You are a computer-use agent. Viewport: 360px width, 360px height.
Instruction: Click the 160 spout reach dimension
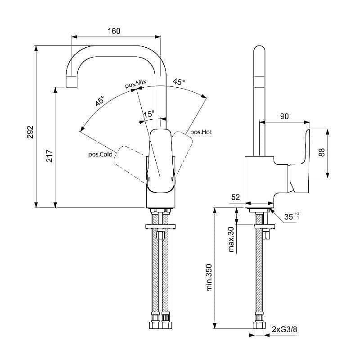[114, 31]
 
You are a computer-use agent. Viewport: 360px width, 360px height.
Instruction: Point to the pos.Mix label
[135, 84]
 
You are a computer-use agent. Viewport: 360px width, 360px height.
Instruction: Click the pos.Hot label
[201, 132]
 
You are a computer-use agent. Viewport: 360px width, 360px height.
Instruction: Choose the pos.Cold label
[100, 154]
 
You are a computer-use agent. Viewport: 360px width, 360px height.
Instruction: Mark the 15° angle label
[148, 114]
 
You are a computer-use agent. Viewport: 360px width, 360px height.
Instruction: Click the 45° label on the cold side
[99, 100]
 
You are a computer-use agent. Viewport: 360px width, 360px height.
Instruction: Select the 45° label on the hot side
[179, 82]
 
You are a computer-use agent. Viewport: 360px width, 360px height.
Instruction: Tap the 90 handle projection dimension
[284, 116]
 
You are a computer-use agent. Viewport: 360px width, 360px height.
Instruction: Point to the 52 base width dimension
[235, 198]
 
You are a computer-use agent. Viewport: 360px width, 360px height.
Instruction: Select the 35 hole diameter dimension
[290, 217]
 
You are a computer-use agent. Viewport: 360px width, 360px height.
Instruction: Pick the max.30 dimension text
[231, 238]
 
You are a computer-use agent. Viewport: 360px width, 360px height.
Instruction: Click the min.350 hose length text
[210, 276]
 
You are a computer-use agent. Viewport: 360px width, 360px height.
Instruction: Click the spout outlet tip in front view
[72, 83]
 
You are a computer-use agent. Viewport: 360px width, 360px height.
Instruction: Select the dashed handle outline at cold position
[128, 159]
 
